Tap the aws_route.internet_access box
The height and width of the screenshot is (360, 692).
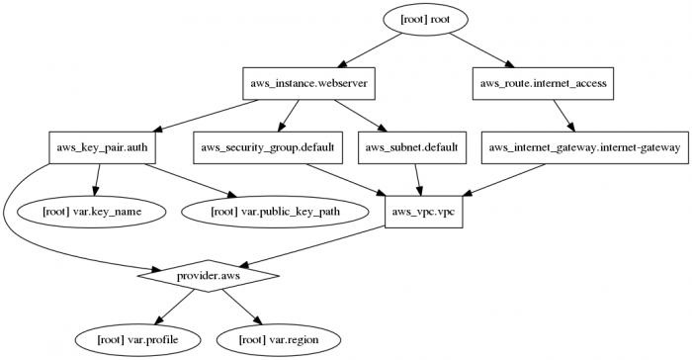(x=543, y=83)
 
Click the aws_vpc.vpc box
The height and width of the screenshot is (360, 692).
(x=425, y=212)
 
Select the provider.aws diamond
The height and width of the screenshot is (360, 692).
(x=209, y=276)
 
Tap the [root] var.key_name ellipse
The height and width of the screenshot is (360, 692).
(x=98, y=212)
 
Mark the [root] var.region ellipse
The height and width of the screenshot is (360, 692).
(x=280, y=339)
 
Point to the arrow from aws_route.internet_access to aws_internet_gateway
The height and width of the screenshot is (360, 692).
(x=563, y=116)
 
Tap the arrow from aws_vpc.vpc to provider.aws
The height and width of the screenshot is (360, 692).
(x=316, y=244)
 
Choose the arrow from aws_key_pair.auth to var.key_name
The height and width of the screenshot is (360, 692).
(x=97, y=179)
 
